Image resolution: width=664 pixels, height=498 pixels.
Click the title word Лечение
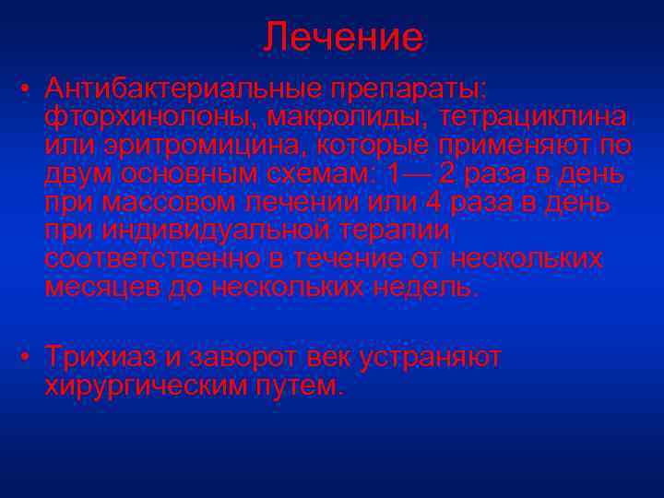point(343,38)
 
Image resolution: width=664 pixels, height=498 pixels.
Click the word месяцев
point(102,287)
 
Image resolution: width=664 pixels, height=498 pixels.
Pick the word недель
point(431,287)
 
